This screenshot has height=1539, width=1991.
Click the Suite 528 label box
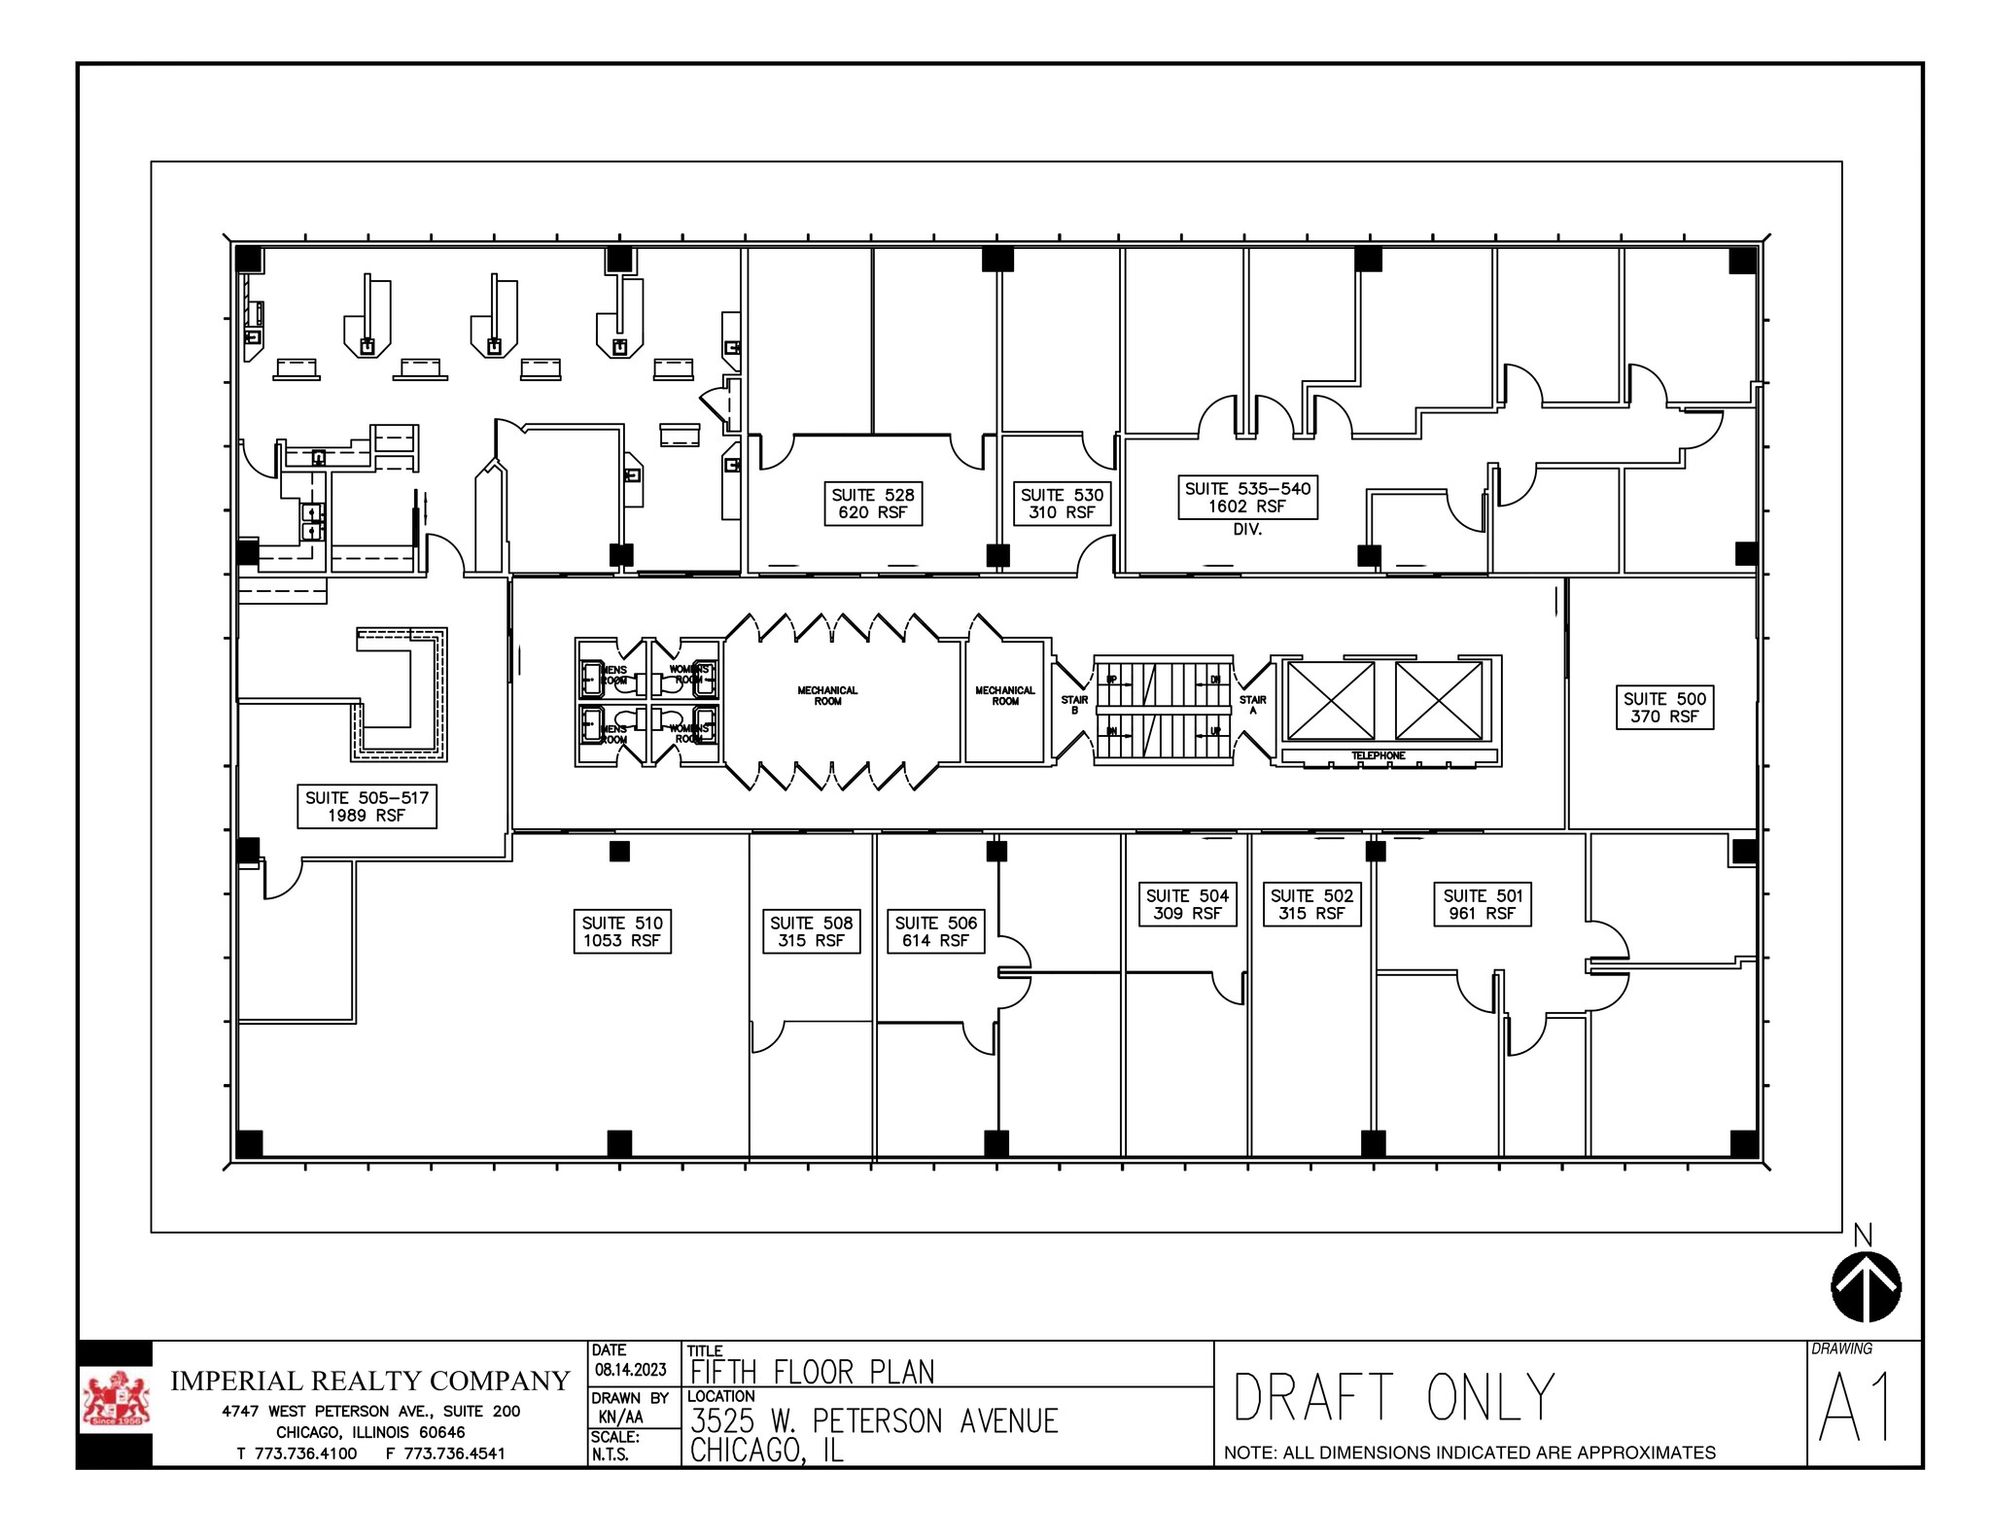pyautogui.click(x=873, y=504)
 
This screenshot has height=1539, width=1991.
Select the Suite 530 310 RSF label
pyautogui.click(x=1062, y=504)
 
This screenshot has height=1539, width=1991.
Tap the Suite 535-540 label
pyautogui.click(x=1247, y=498)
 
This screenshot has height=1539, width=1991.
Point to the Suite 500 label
pyautogui.click(x=1664, y=708)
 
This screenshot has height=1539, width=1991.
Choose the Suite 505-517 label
pyautogui.click(x=367, y=807)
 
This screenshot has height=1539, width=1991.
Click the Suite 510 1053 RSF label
pyautogui.click(x=622, y=931)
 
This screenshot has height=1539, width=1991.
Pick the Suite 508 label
pyautogui.click(x=811, y=931)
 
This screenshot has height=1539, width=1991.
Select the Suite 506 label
pyautogui.click(x=935, y=931)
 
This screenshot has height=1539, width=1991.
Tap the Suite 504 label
pyautogui.click(x=1187, y=904)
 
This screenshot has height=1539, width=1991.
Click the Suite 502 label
pyautogui.click(x=1311, y=904)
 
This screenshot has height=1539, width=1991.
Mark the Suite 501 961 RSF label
pyautogui.click(x=1482, y=904)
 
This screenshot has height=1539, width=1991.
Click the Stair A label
pyautogui.click(x=1253, y=705)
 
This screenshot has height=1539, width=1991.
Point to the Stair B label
pyautogui.click(x=1074, y=705)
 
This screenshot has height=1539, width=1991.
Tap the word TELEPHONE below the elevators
pyautogui.click(x=1378, y=755)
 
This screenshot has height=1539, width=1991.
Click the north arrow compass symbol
pyautogui.click(x=1866, y=1285)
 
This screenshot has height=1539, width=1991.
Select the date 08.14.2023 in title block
pyautogui.click(x=631, y=1370)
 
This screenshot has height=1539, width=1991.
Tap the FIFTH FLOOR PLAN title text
pyautogui.click(x=812, y=1372)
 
